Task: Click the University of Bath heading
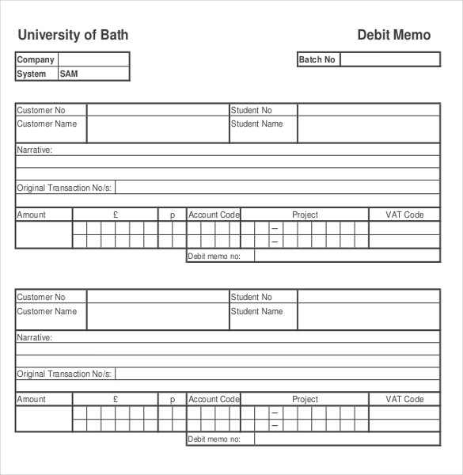73,35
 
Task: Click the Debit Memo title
394,35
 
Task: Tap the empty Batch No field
389,59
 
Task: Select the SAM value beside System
69,74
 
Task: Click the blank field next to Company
93,59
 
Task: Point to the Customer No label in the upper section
41,110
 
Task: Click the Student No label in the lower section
252,297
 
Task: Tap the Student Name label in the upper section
256,123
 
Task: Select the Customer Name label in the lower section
47,311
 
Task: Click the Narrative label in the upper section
35,149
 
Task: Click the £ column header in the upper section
116,215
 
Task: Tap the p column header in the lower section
172,400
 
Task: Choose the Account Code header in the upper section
214,215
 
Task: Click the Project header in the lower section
305,400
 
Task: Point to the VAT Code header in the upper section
404,215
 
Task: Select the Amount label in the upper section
32,215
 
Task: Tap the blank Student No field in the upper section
368,110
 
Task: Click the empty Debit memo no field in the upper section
347,256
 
